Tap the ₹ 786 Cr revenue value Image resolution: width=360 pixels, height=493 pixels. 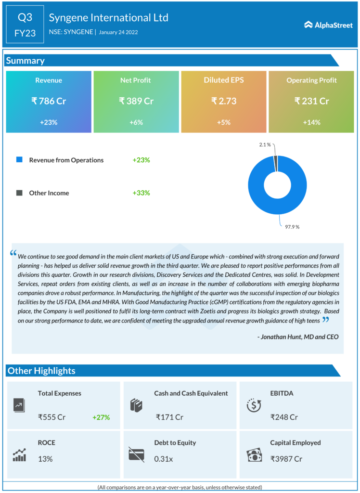tap(48, 101)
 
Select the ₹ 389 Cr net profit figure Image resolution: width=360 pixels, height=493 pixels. tap(136, 101)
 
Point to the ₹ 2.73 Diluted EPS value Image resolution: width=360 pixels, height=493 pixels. tap(223, 101)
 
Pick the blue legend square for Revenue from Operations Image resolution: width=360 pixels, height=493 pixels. tap(19, 160)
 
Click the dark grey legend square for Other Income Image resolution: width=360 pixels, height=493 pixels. tap(19, 193)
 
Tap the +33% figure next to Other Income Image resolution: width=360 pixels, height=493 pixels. tap(141, 193)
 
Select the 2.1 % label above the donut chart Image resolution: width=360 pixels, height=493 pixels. tap(265, 144)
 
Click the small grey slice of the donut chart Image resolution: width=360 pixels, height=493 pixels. tap(276, 163)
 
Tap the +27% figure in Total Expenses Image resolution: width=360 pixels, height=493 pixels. tap(101, 417)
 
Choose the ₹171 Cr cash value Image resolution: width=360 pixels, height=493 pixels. tap(169, 417)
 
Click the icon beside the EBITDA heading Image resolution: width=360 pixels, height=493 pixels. tap(254, 405)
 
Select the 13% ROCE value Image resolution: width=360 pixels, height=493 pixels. tap(45, 459)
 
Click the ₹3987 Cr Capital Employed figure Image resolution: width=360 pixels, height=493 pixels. tap(286, 459)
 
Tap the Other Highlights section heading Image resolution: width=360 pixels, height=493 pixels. tap(41, 371)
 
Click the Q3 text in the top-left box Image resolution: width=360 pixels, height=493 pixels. tap(25, 18)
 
